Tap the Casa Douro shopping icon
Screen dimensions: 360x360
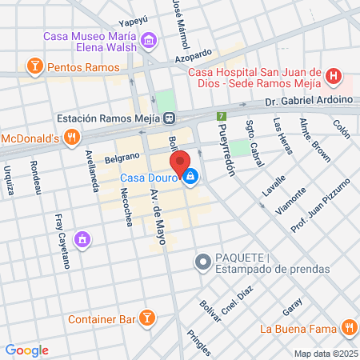(190, 177)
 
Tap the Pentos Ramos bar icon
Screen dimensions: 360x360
(34, 65)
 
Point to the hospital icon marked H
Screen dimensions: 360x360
(334, 78)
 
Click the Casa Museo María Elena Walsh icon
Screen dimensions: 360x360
(148, 40)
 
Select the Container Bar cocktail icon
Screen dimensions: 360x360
(146, 318)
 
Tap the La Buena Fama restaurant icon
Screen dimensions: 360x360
(348, 327)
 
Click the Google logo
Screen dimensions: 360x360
(26, 350)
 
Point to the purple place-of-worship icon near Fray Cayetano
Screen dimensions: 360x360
(82, 238)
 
